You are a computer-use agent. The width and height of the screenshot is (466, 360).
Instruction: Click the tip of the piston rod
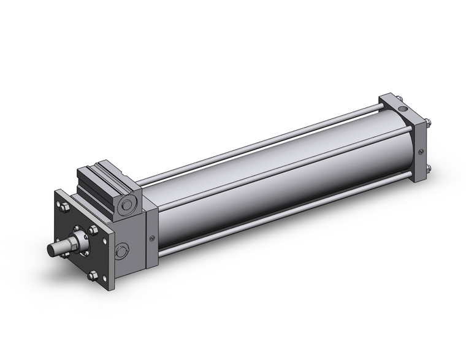pyautogui.click(x=52, y=250)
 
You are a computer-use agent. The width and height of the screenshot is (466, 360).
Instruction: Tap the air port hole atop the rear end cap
pyautogui.click(x=403, y=110)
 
